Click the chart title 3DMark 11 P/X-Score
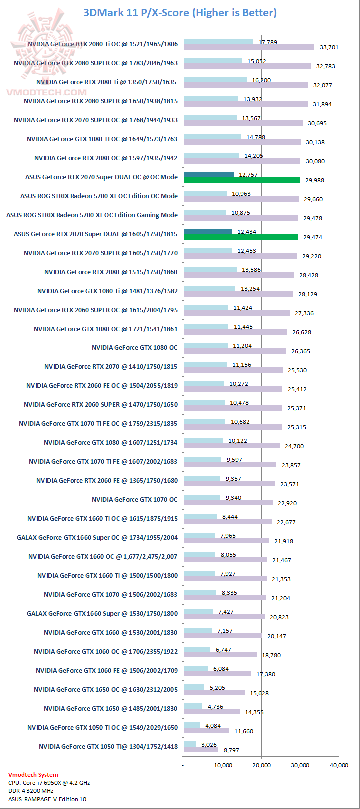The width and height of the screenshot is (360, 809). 180,12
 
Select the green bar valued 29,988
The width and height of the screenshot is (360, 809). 242,180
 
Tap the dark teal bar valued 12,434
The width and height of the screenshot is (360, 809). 208,231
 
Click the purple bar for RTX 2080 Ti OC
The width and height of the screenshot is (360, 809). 249,47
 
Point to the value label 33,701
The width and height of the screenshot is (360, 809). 329,47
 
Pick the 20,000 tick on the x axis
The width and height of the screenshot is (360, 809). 261,765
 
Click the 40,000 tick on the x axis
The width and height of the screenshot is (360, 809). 339,765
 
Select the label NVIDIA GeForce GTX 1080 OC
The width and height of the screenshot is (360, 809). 134,347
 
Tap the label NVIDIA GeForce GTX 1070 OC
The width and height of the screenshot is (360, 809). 134,499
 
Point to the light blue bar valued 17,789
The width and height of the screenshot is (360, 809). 218,42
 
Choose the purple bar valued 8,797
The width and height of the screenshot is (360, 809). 201,750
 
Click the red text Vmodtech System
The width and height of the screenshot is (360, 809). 33,775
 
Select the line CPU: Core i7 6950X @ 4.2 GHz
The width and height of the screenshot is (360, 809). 49,783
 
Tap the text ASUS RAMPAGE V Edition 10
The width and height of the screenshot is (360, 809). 47,799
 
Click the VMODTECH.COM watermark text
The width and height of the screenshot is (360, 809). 46,92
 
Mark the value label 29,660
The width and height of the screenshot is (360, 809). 313,199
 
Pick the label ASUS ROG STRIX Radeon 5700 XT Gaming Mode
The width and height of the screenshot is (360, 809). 92,215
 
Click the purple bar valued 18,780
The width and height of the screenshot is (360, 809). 220,655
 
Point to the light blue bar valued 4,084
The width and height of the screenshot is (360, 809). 192,725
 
